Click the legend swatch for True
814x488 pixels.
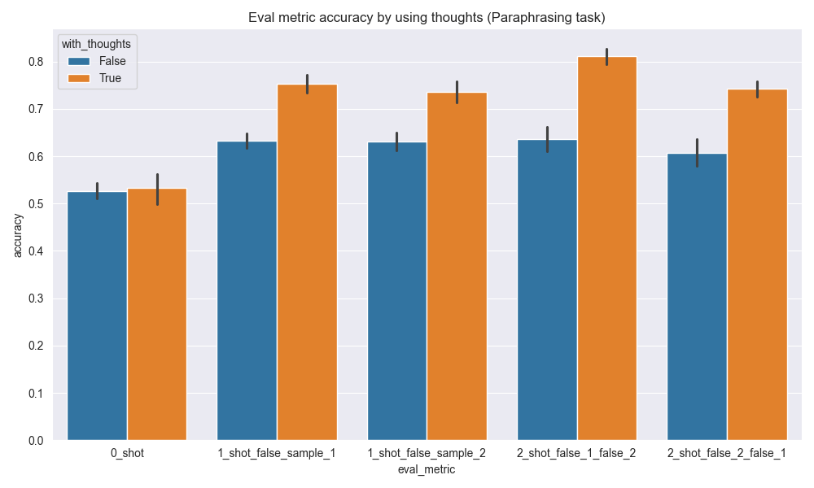(x=79, y=78)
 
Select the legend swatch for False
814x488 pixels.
(x=79, y=61)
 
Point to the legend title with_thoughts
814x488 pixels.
(x=96, y=45)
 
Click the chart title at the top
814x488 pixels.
(x=407, y=17)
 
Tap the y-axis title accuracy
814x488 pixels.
(x=18, y=236)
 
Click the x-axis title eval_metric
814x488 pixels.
(x=427, y=469)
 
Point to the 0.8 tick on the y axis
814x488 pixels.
(x=36, y=62)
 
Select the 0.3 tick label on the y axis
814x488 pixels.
(x=36, y=298)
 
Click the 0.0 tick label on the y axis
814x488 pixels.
(x=36, y=441)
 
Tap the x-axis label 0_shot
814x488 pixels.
(x=127, y=453)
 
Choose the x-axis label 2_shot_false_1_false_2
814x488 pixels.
(x=577, y=453)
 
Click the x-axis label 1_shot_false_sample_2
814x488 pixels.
(x=427, y=453)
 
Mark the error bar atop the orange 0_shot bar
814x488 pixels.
(x=157, y=189)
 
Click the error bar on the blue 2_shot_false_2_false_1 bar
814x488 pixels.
(x=697, y=153)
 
